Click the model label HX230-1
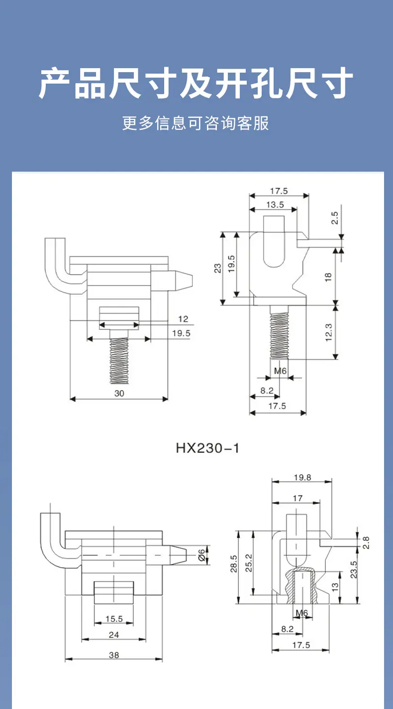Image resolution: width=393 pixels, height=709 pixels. click(207, 448)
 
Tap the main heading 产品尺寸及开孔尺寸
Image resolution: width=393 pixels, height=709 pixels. click(196, 83)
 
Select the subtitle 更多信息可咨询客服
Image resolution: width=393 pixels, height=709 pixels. click(196, 123)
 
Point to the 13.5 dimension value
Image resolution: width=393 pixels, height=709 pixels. click(275, 205)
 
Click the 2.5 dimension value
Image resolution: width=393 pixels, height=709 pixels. click(335, 218)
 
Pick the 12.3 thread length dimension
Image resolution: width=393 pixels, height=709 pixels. click(329, 332)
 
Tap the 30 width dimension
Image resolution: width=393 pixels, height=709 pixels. click(119, 394)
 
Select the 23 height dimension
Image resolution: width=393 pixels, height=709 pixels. click(218, 268)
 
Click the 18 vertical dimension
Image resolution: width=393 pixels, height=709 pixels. click(328, 277)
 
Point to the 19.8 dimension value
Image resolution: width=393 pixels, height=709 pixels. click(302, 477)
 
